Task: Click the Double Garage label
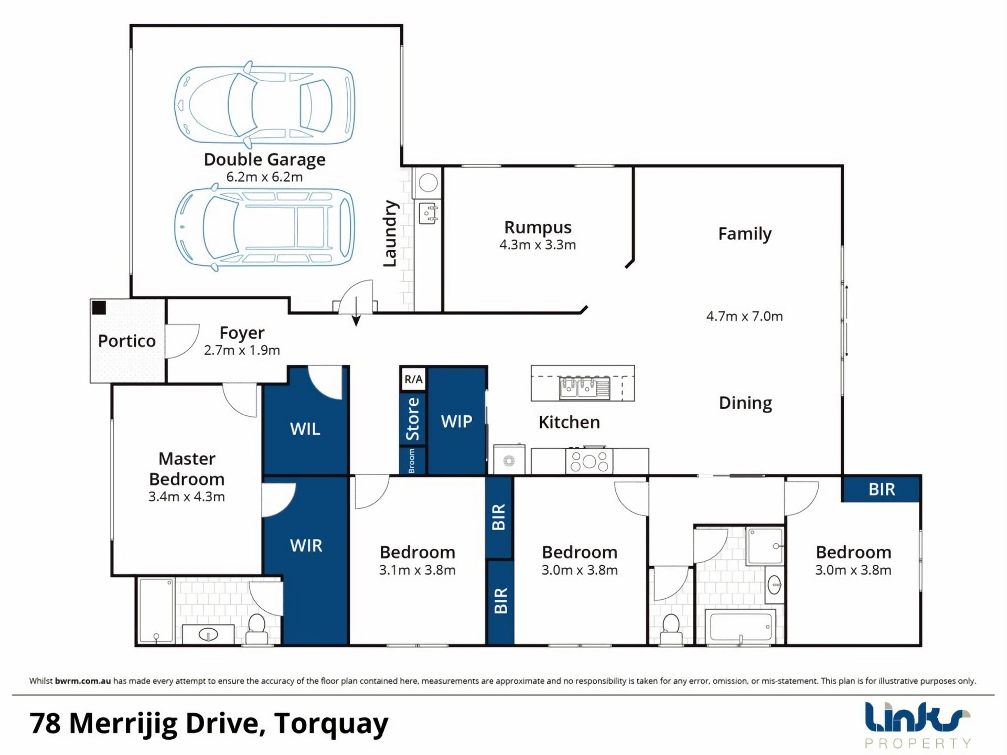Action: (264, 159)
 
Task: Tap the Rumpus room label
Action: (538, 228)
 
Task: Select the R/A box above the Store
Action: (413, 379)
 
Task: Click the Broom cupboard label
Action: (412, 461)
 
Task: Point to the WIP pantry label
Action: (456, 421)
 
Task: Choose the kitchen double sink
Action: (585, 388)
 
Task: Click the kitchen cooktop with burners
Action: (589, 461)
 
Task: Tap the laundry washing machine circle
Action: (428, 184)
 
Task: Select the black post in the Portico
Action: (99, 308)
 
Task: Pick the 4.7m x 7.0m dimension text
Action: (744, 316)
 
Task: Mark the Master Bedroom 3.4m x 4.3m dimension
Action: (187, 497)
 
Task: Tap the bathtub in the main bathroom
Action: (740, 627)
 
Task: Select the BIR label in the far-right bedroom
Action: (882, 489)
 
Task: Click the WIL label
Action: (305, 429)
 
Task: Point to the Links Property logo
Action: (917, 725)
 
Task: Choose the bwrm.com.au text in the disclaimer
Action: (83, 681)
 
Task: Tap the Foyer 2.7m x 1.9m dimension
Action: (242, 350)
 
